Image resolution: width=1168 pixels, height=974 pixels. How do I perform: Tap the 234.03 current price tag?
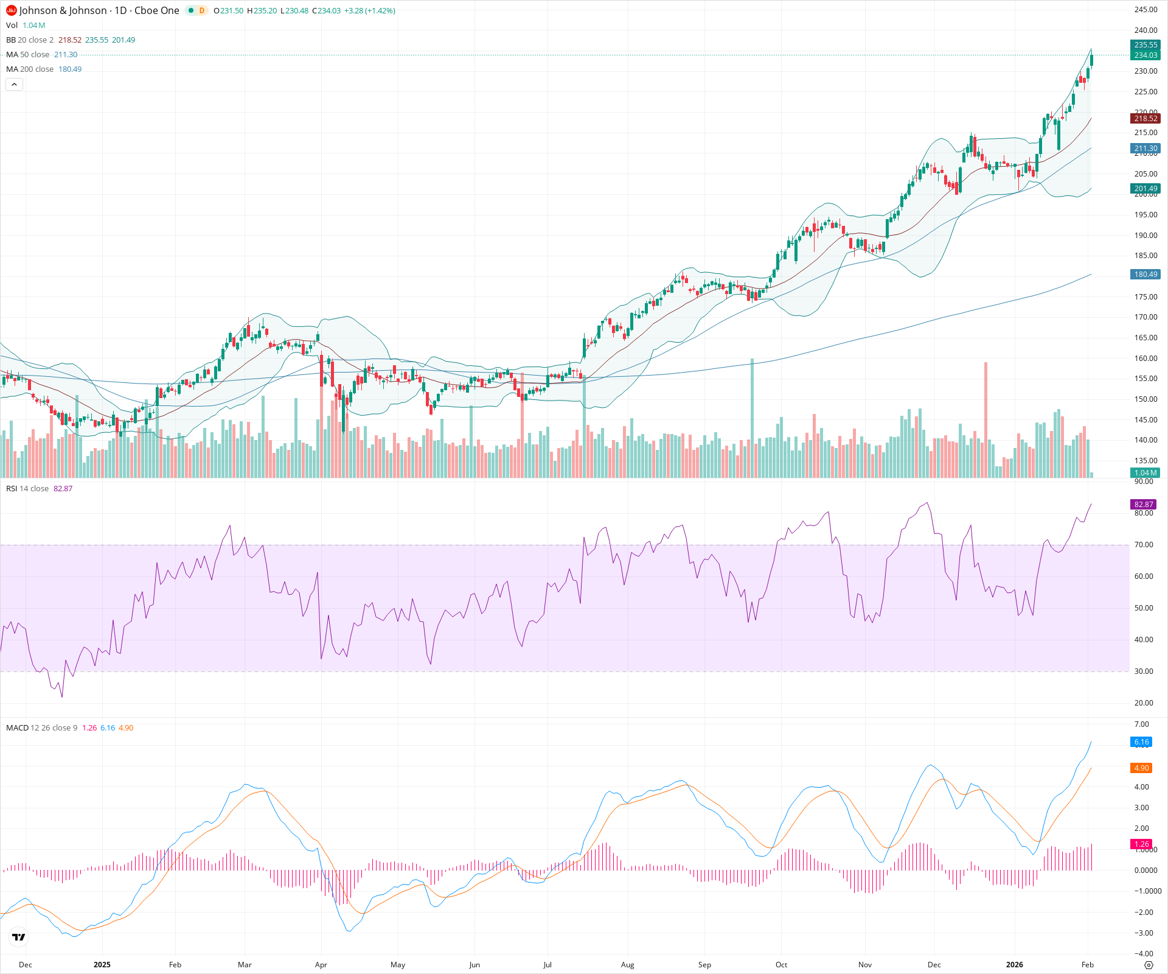1145,55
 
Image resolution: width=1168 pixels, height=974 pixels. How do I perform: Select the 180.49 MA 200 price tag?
1145,275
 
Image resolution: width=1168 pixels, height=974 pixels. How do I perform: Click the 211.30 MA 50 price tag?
1145,149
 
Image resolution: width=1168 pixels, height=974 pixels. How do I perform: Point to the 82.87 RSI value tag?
1143,505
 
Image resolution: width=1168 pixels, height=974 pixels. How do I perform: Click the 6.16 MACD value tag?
1141,742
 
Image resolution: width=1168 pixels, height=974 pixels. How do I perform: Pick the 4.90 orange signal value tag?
1141,768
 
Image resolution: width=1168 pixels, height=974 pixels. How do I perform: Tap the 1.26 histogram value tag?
1141,844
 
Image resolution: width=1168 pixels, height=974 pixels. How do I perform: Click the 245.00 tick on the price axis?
1145,10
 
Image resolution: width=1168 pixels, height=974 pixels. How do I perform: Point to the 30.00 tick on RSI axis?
1144,671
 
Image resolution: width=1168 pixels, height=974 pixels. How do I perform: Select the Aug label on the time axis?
627,965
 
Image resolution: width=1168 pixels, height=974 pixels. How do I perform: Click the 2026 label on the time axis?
1014,965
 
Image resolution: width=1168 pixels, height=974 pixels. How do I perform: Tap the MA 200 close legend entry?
30,69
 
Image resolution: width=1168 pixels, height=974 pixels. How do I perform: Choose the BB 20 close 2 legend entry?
30,40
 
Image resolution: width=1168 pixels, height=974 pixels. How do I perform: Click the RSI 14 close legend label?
27,489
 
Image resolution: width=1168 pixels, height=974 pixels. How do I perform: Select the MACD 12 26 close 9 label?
41,728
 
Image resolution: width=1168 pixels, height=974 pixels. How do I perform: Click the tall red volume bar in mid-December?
985,420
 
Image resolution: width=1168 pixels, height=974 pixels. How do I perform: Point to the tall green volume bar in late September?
753,420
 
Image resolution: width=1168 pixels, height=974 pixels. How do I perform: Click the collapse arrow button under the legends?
14,85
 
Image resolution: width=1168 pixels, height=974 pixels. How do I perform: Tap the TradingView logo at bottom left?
19,937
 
